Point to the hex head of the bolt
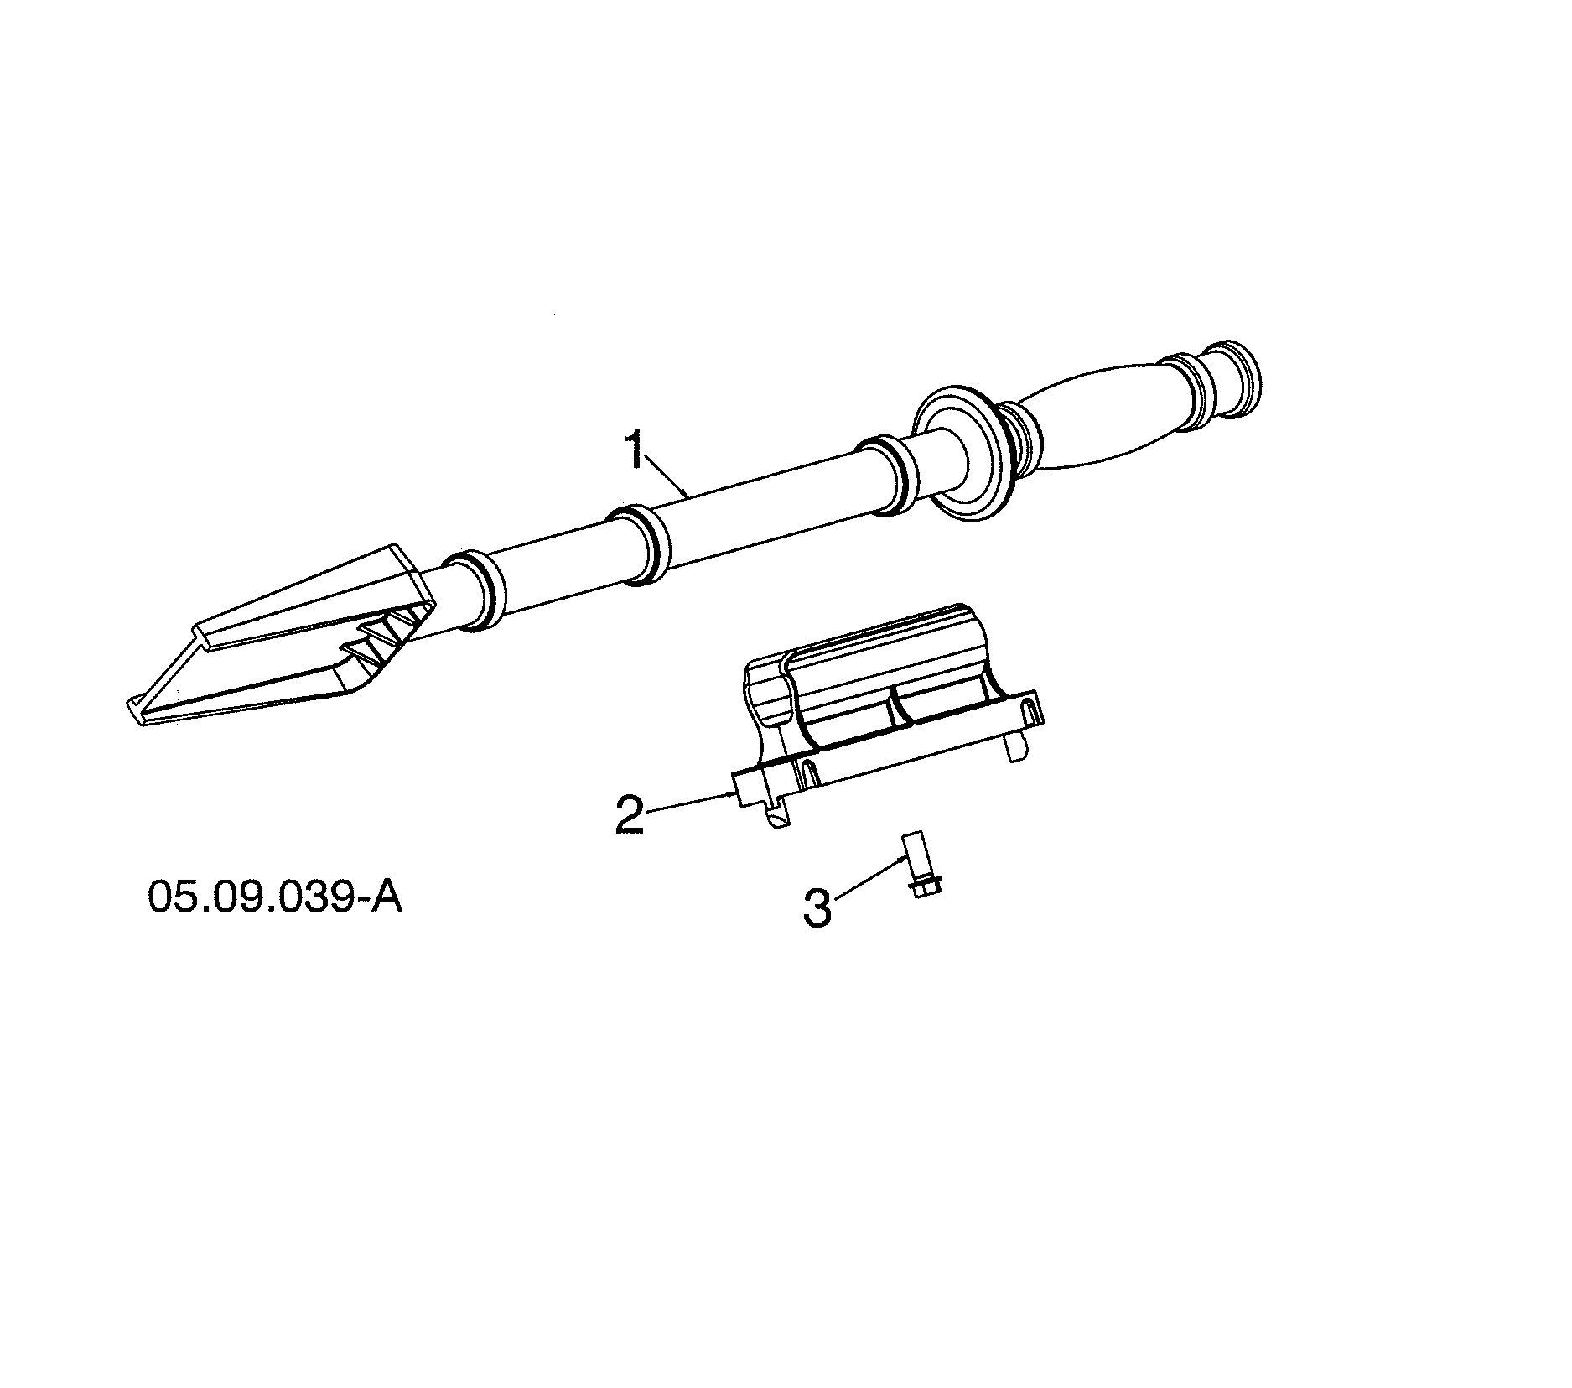tap(922, 886)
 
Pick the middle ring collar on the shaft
tap(641, 545)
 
